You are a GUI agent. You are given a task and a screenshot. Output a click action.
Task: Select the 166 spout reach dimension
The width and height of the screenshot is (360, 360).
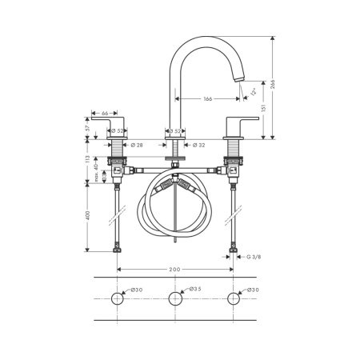207,98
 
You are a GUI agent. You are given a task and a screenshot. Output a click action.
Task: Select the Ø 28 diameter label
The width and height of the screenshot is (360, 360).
137,146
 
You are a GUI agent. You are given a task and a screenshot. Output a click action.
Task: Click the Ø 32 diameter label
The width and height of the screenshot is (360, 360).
200,146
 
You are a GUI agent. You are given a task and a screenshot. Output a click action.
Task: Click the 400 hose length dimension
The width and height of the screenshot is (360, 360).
87,215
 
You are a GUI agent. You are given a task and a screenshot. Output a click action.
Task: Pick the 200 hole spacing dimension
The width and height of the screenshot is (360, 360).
174,270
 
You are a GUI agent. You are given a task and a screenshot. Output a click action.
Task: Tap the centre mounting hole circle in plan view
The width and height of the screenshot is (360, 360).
175,299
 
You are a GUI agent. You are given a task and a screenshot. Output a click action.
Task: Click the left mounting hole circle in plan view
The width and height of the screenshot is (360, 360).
118,299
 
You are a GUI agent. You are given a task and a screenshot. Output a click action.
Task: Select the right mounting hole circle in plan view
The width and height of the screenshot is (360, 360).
233,299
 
